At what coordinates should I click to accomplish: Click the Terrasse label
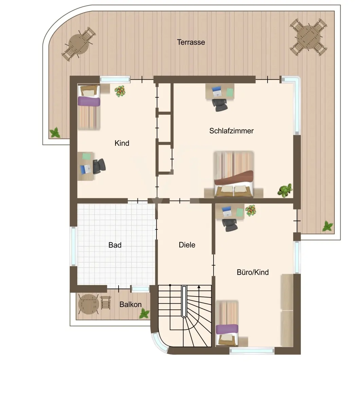point(191,42)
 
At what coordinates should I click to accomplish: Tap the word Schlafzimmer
point(231,131)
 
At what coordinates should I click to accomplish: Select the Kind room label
point(122,143)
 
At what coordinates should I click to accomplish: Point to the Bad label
point(115,245)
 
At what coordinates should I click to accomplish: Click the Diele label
point(187,245)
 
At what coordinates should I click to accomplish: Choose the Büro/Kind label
point(253,272)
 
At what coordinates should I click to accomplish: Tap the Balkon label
point(130,304)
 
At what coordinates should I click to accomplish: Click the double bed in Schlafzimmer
point(234,174)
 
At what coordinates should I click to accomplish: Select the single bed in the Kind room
point(89,107)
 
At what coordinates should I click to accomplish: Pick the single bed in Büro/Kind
point(227,323)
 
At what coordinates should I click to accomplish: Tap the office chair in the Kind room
point(99,166)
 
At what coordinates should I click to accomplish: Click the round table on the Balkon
point(89,304)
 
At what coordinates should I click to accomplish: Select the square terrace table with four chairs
point(308,37)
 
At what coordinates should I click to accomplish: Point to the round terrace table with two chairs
point(78,43)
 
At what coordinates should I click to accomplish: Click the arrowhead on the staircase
point(199,287)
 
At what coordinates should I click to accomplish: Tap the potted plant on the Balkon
point(144,314)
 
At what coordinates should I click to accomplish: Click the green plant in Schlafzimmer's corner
point(285,190)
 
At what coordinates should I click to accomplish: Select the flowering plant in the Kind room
point(120,91)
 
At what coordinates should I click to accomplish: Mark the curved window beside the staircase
point(160,342)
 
